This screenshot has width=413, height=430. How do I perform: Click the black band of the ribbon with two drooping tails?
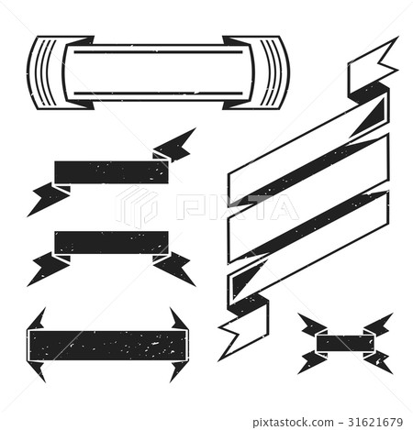[111, 242]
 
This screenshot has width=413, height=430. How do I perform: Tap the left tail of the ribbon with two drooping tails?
[46, 268]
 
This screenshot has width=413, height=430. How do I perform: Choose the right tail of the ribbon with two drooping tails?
[175, 267]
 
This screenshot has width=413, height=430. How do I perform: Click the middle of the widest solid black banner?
[105, 344]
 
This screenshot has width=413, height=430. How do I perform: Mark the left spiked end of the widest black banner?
[36, 343]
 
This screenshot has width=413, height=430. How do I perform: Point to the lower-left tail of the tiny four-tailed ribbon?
[311, 362]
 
